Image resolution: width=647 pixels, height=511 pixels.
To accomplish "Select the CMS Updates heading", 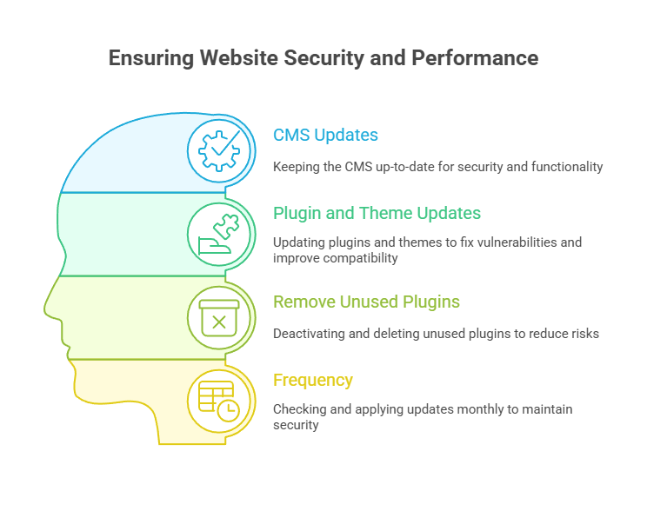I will (325, 136).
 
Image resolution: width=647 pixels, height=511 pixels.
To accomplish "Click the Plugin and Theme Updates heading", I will (377, 213).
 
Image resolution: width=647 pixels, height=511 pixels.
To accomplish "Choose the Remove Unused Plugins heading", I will (366, 302).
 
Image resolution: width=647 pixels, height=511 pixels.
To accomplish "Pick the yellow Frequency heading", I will (313, 380).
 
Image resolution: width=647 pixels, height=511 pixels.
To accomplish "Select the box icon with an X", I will (219, 317).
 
